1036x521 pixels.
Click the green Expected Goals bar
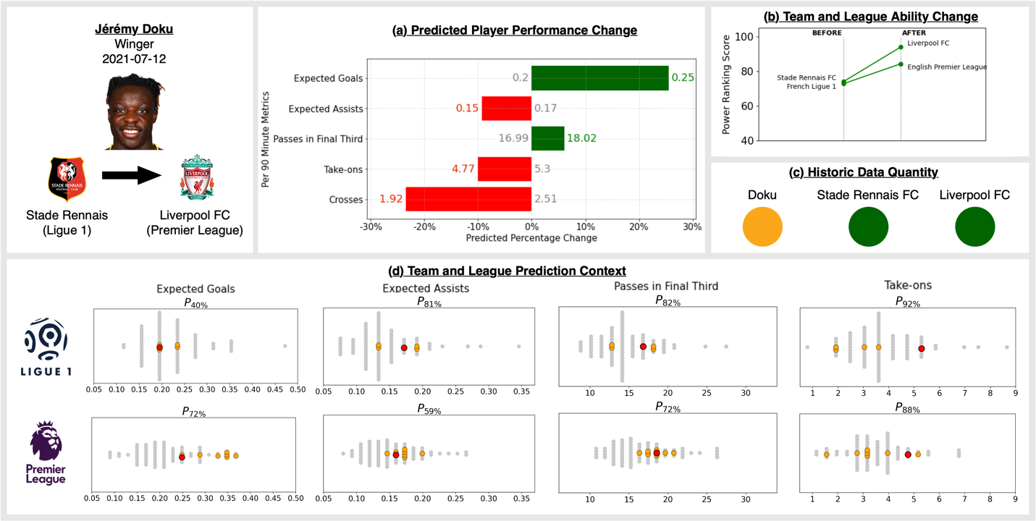pos(599,78)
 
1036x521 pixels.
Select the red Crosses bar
pos(468,199)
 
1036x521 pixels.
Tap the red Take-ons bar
pos(504,169)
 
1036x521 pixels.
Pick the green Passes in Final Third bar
pos(547,138)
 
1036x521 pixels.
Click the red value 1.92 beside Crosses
pos(391,199)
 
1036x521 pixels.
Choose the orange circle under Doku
pos(762,226)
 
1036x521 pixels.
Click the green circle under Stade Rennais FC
pos(868,226)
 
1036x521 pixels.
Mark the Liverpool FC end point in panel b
pos(901,47)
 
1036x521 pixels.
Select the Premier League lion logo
pos(46,443)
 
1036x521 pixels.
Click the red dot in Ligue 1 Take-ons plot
pos(922,348)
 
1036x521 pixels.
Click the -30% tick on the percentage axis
pos(371,226)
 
